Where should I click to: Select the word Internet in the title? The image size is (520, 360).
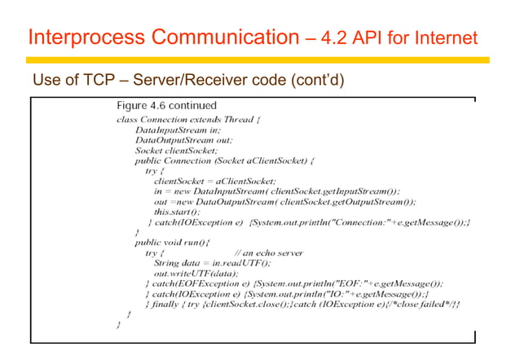(x=438, y=38)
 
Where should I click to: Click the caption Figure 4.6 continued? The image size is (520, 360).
(x=166, y=106)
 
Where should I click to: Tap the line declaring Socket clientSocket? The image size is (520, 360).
(x=176, y=150)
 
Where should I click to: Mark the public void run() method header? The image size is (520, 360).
(x=172, y=243)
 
